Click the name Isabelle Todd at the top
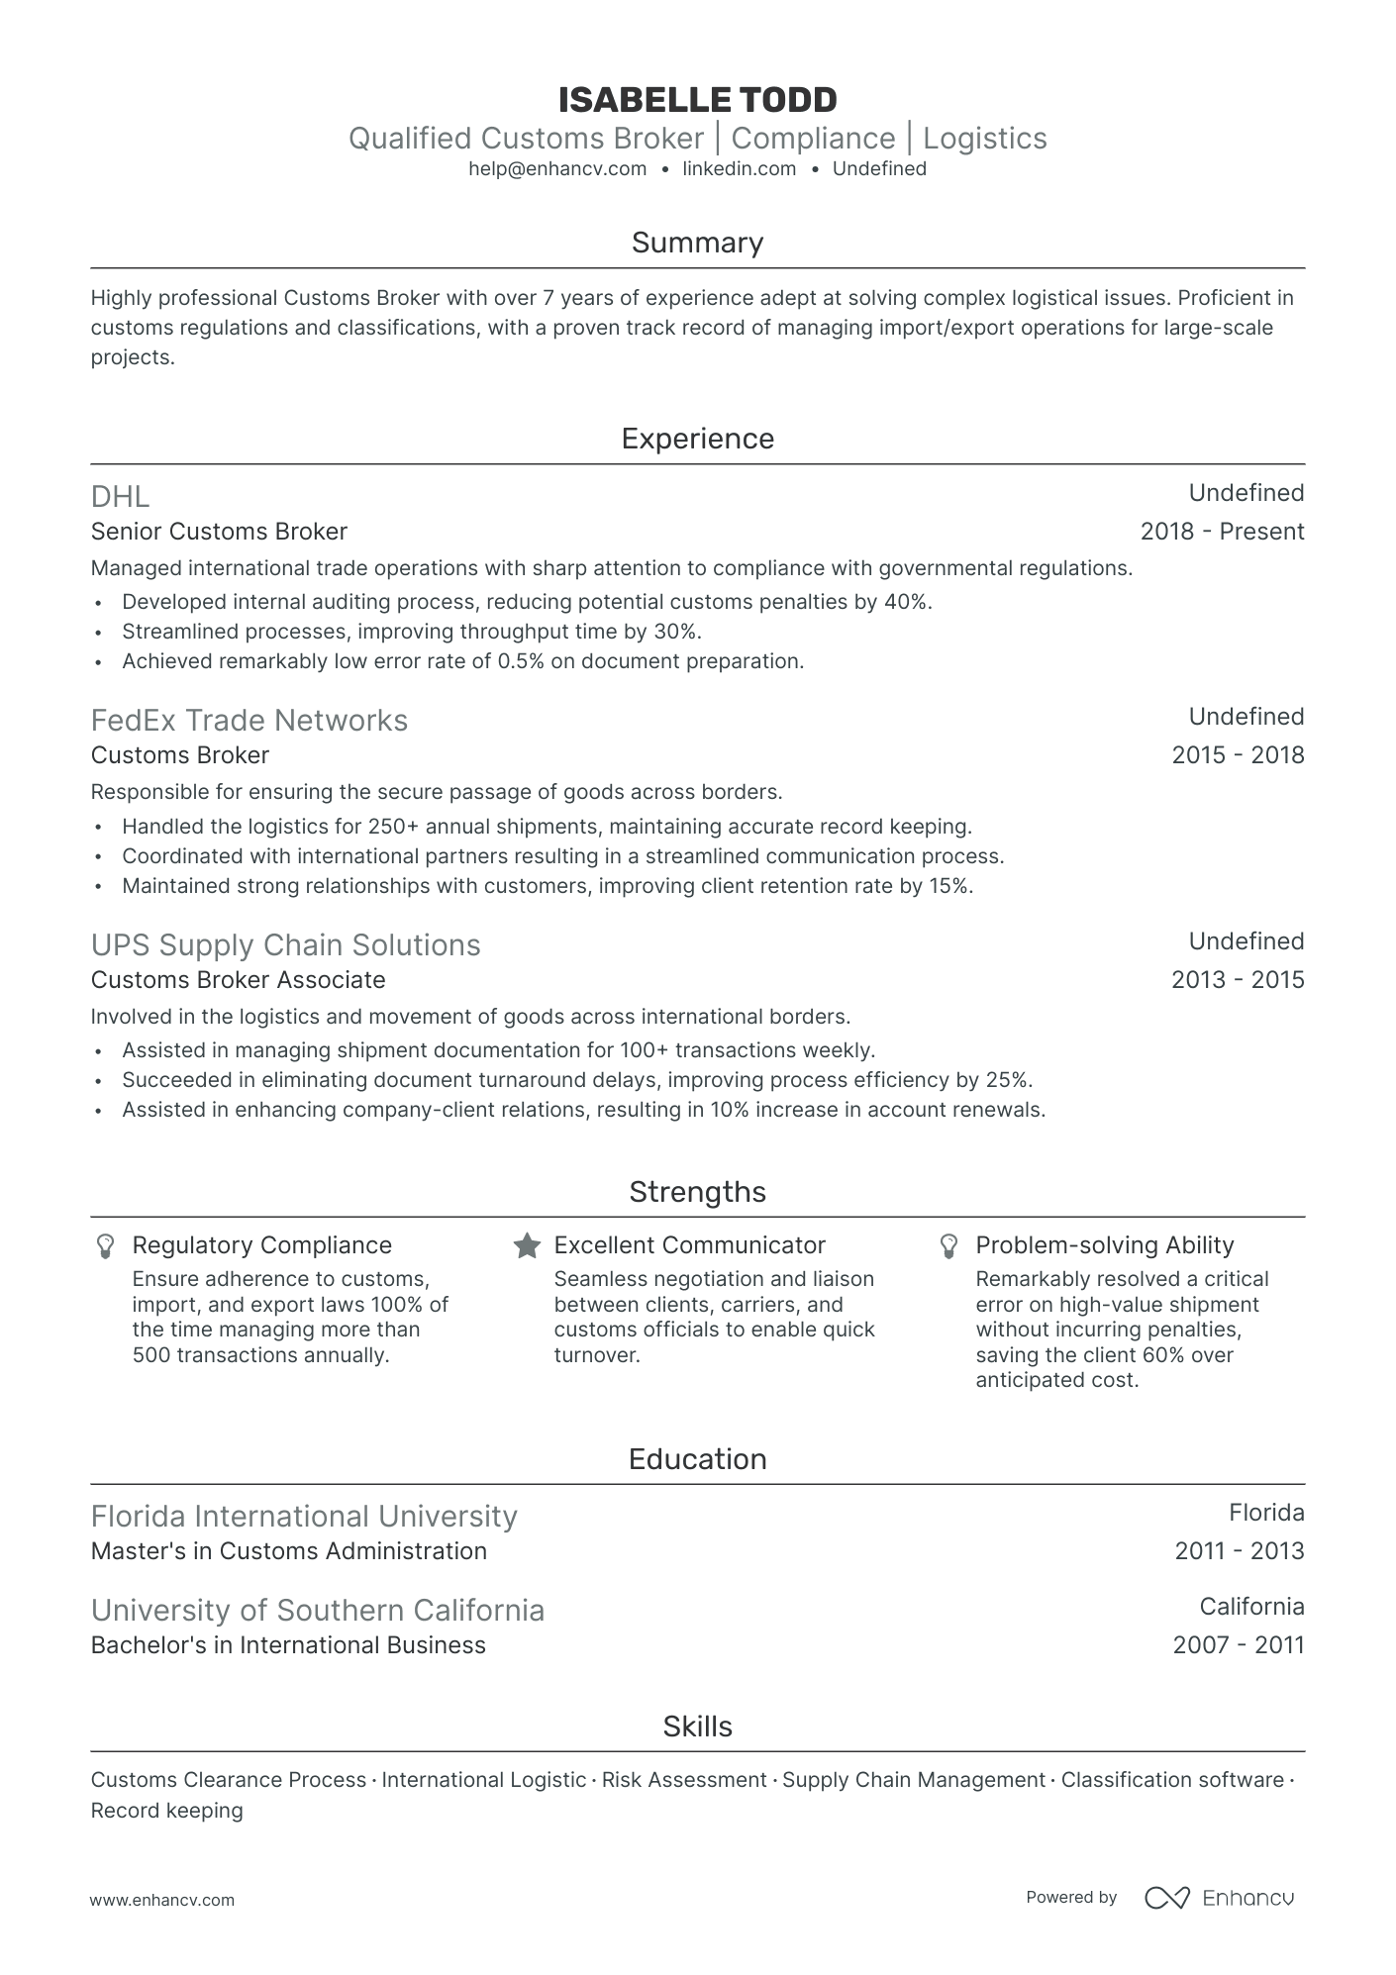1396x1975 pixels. [697, 100]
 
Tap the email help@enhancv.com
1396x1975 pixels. [557, 169]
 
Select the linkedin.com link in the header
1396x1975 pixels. [740, 169]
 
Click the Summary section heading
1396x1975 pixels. [697, 243]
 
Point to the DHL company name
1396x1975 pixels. [120, 497]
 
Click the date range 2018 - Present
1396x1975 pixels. [1222, 532]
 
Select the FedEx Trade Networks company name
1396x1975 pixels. [249, 721]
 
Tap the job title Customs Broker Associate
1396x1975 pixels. [238, 980]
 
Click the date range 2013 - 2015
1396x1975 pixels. [1238, 980]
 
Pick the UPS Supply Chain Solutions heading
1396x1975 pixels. [285, 945]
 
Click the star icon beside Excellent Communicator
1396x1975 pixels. [527, 1246]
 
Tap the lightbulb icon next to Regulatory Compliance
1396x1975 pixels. [105, 1246]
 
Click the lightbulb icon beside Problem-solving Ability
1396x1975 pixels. [948, 1246]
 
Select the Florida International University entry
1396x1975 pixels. [303, 1517]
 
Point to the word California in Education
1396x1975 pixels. [1251, 1607]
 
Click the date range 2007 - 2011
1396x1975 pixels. [1238, 1645]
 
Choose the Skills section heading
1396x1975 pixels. [697, 1727]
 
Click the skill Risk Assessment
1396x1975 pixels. [684, 1780]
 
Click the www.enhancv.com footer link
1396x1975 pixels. [162, 1900]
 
